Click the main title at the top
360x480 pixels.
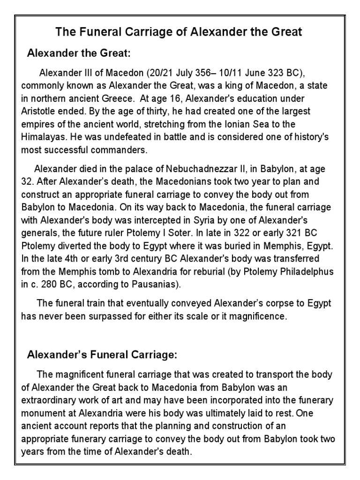(180, 32)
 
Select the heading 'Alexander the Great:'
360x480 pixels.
(79, 53)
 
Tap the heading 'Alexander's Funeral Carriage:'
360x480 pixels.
(102, 355)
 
